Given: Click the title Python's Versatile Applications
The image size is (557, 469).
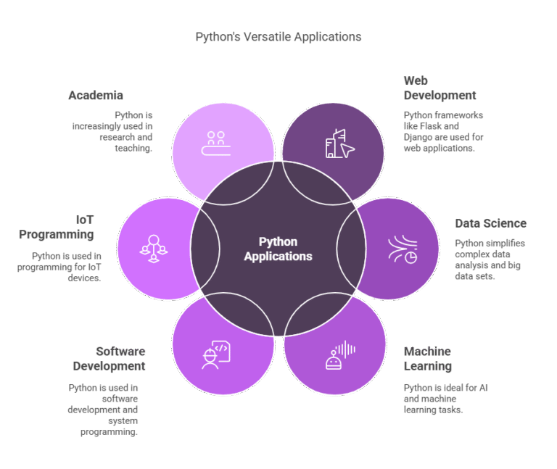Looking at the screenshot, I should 278,36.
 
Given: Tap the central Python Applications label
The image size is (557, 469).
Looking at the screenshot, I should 278,249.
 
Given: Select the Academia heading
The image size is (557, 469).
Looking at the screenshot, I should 96,96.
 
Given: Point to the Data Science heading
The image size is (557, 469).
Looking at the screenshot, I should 490,223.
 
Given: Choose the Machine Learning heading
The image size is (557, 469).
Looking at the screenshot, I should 428,359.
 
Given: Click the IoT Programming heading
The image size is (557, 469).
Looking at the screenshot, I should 57,227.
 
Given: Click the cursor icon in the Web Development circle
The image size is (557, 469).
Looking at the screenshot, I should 347,150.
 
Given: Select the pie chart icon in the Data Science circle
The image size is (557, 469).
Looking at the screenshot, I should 410,257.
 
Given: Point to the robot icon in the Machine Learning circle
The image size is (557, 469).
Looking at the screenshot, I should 334,360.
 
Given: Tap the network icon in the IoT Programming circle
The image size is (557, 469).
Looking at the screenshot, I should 154,248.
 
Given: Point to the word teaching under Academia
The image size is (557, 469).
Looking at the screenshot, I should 133,148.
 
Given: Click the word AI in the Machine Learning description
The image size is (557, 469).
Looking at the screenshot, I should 480,388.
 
